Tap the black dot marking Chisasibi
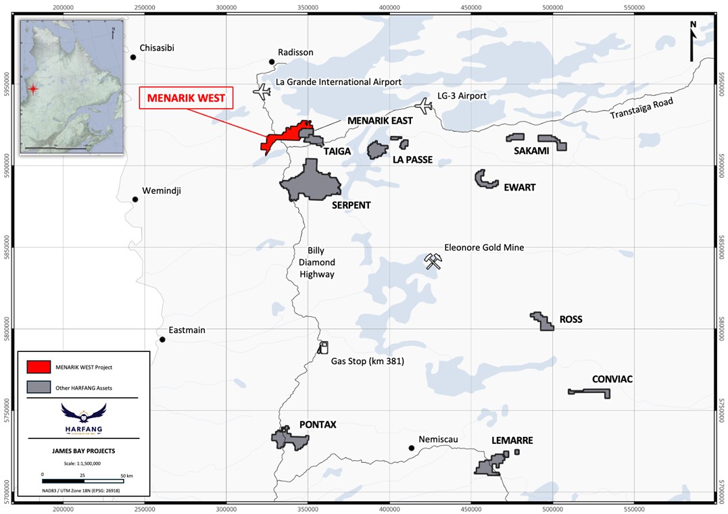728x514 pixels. pyautogui.click(x=133, y=57)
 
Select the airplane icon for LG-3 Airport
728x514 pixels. pyautogui.click(x=424, y=105)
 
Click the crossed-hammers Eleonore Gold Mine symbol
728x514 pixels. pyautogui.click(x=433, y=261)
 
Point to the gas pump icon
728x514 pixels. pyautogui.click(x=322, y=347)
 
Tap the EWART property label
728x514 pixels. pyautogui.click(x=519, y=187)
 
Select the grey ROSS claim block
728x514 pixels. pyautogui.click(x=543, y=321)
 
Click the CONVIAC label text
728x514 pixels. pyautogui.click(x=612, y=379)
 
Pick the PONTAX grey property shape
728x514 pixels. pyautogui.click(x=289, y=440)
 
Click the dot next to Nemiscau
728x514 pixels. pyautogui.click(x=411, y=447)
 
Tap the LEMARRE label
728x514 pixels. pyautogui.click(x=512, y=440)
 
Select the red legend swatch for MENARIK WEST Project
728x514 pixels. pyautogui.click(x=39, y=367)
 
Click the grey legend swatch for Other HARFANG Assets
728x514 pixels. pyautogui.click(x=39, y=387)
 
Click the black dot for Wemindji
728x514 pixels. pyautogui.click(x=135, y=199)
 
